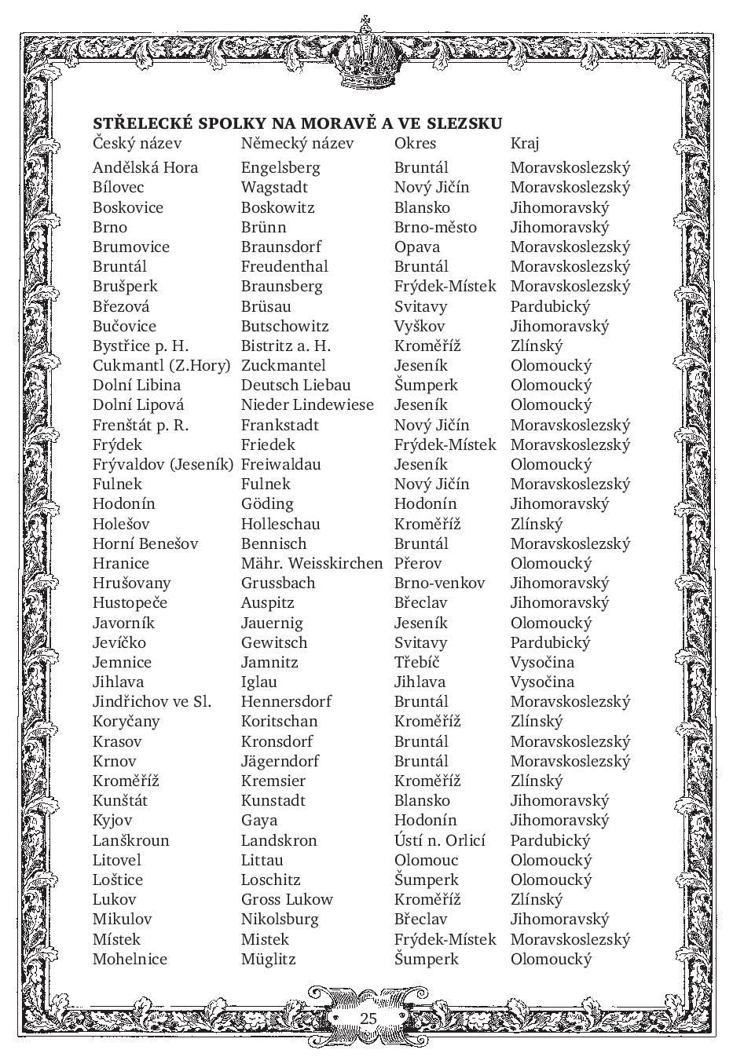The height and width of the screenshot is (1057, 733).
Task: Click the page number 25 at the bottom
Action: pos(368,1018)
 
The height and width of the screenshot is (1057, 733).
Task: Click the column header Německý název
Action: pos(297,143)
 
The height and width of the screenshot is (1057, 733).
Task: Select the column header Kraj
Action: pos(525,143)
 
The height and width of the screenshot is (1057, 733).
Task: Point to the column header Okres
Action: pos(415,143)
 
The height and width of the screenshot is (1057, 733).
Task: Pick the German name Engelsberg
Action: pos(280,167)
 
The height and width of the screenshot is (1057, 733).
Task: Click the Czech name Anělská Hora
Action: pos(145,167)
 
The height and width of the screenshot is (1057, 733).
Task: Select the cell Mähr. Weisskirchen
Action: pos(312,563)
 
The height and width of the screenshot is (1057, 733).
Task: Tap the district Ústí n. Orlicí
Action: pos(440,840)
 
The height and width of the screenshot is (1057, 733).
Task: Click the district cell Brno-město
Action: pos(435,227)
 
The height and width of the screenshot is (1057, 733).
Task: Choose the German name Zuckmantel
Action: pos(283,365)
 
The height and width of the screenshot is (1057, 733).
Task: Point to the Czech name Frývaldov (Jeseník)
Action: pos(163,464)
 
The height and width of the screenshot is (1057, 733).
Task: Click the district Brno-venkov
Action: pos(439,583)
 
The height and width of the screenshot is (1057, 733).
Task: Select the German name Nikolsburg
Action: pos(280,919)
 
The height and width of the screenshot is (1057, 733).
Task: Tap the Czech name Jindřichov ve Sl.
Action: pos(152,701)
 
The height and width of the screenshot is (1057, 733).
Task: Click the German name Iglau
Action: pos(259,682)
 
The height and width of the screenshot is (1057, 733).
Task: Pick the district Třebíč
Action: pos(416,662)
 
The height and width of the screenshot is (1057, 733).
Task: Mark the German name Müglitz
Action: pos(268,959)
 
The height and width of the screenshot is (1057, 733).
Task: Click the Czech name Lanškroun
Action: pos(130,840)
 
